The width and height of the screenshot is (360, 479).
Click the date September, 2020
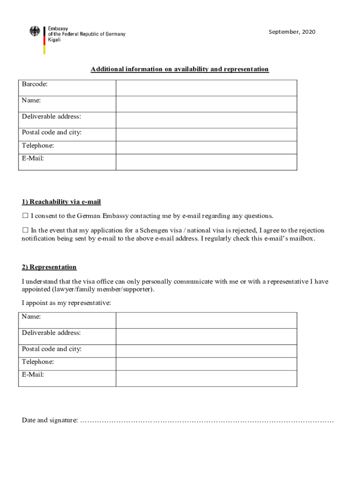click(x=292, y=32)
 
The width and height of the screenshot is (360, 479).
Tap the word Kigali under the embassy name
click(x=54, y=40)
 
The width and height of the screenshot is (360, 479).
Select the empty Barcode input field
click(x=206, y=88)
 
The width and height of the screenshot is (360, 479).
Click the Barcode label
click(x=35, y=84)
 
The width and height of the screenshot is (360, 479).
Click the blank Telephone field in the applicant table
click(x=206, y=147)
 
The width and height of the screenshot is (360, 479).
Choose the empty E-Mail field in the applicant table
click(x=206, y=162)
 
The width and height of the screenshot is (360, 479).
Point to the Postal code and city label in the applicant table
click(x=51, y=132)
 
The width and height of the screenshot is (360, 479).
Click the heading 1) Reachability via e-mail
click(x=61, y=202)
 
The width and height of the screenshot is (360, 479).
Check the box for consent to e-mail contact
click(x=25, y=216)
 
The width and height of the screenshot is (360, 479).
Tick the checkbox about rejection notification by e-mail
click(x=25, y=231)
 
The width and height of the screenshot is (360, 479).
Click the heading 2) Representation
click(x=49, y=267)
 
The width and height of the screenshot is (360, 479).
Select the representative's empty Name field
click(x=206, y=320)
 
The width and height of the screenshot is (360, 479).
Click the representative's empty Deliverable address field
click(x=206, y=336)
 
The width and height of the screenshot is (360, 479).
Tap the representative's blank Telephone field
click(x=206, y=364)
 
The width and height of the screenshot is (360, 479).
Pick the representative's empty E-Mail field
click(x=206, y=378)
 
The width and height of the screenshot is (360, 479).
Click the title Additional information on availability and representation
click(x=180, y=69)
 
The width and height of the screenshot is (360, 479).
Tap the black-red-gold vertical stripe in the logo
click(x=44, y=40)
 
